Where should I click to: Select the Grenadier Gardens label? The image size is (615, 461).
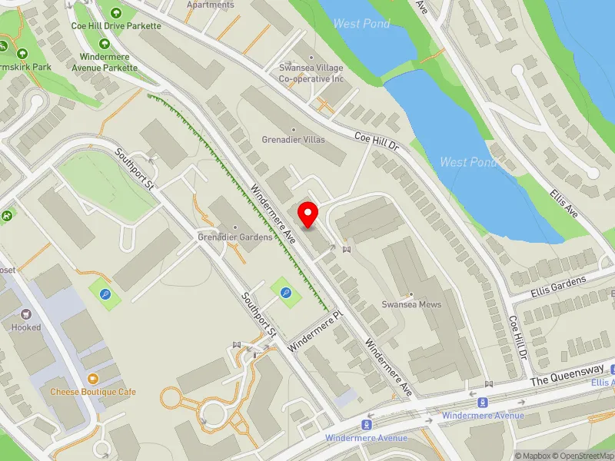[x=235, y=237]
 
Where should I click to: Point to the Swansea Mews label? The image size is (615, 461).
[x=412, y=304]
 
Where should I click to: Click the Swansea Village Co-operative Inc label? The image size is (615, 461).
[x=311, y=73]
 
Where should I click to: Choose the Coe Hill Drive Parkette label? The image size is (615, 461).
[x=116, y=25]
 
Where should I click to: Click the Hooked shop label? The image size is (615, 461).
[x=26, y=327]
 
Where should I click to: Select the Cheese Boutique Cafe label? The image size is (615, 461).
[x=93, y=392]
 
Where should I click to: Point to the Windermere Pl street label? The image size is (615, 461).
[x=314, y=332]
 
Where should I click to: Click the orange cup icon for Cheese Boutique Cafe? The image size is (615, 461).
[x=93, y=379]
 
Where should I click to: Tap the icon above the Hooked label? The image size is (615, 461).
[x=26, y=314]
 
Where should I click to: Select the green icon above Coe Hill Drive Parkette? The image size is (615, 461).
[x=116, y=12]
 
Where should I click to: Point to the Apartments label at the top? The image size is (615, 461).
[x=211, y=5]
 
